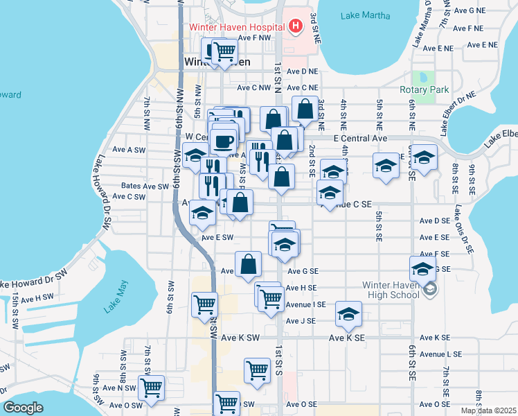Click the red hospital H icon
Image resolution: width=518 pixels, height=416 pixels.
296,27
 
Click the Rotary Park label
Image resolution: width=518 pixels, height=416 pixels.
425,89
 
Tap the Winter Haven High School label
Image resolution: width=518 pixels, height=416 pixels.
391,289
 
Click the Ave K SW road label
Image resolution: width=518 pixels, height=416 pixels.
240,338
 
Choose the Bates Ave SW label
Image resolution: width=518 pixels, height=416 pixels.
145,187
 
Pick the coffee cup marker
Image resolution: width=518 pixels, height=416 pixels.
223,141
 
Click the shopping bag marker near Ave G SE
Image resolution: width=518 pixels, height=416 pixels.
248,264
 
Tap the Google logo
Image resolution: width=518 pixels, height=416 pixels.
23,408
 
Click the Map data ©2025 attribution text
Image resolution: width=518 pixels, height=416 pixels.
488,410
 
